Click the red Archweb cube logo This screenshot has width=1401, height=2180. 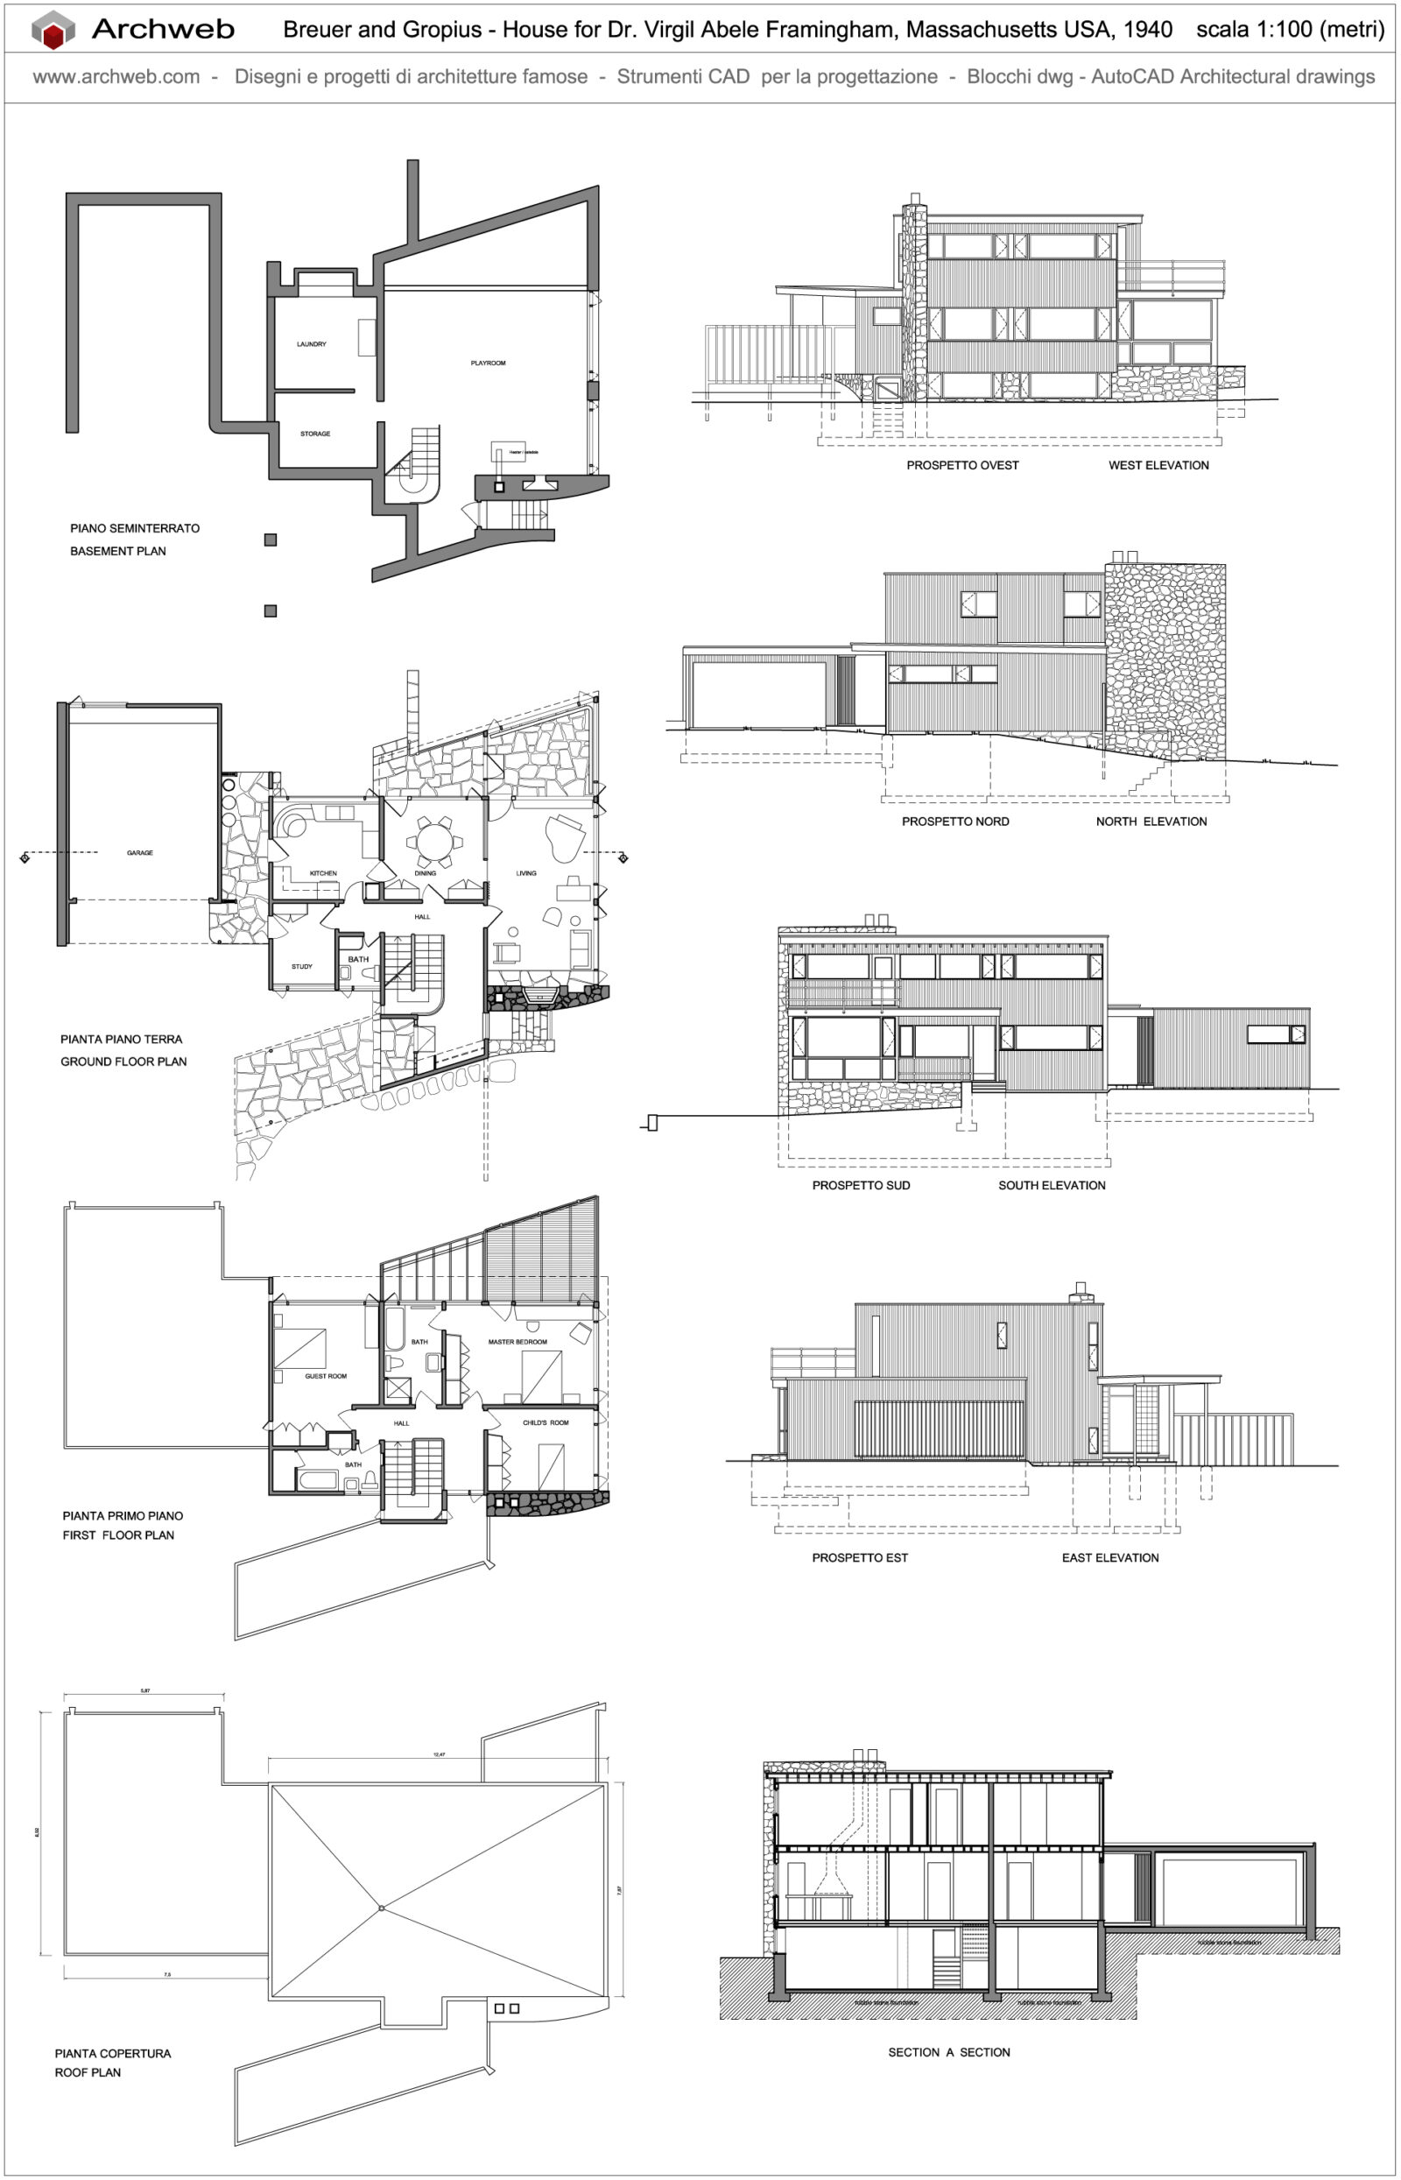pos(53,30)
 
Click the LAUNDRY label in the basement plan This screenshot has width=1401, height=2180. pos(311,344)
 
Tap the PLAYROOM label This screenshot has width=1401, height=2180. pos(488,363)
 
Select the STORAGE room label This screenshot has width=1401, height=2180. pos(314,434)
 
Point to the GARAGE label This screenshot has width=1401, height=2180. pos(140,852)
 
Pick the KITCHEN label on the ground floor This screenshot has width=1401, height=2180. pos(323,872)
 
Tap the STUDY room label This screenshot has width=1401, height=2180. pos(301,966)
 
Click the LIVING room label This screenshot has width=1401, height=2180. pos(526,872)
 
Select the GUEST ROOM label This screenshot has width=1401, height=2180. pos(326,1376)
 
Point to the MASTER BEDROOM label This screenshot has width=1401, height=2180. pos(517,1341)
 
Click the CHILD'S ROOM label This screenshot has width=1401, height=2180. pos(545,1422)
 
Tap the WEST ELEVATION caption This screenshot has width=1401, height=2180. pos(1158,465)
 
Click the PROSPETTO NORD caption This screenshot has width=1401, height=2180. pos(955,822)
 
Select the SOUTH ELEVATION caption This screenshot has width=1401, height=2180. pos(1052,1185)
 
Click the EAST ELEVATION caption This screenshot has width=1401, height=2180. pos(1110,1557)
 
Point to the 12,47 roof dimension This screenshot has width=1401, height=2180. pos(440,1754)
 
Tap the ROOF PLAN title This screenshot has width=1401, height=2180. pos(88,2071)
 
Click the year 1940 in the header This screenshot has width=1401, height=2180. pos(1147,30)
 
